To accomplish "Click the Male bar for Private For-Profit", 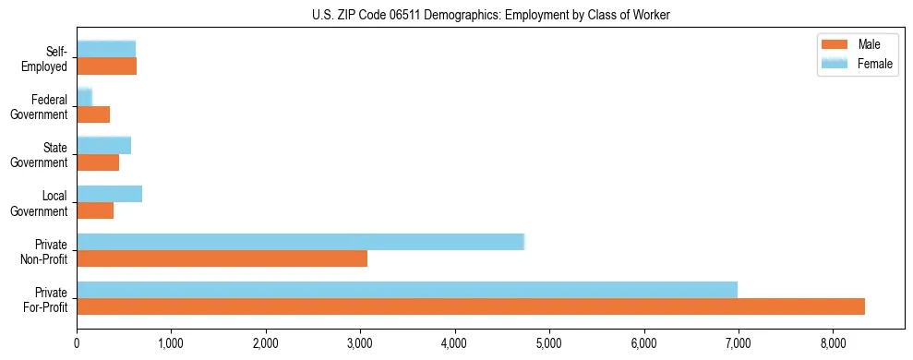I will click(x=471, y=306).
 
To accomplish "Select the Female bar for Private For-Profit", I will click(x=407, y=290).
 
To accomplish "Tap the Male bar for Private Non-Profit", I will click(x=222, y=258).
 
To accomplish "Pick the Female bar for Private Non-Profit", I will click(x=300, y=242).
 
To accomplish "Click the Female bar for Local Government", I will click(x=109, y=194).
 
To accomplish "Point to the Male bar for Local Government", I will click(x=95, y=210).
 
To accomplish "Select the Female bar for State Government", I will click(x=103, y=145).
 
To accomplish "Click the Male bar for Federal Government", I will click(x=93, y=114).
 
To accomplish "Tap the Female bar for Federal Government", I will click(x=84, y=97).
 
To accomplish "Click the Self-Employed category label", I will click(x=45, y=58).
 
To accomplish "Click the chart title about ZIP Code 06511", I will click(x=490, y=15).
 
